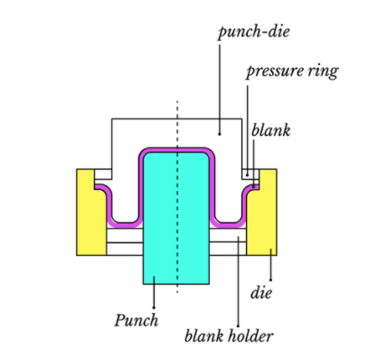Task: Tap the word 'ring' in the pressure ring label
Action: [x=322, y=71]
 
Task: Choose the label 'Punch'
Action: [x=137, y=319]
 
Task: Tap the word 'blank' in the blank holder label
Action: [x=204, y=337]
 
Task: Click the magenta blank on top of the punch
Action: [x=177, y=147]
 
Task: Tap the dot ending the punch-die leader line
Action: [x=219, y=133]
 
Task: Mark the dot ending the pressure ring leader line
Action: [x=245, y=170]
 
